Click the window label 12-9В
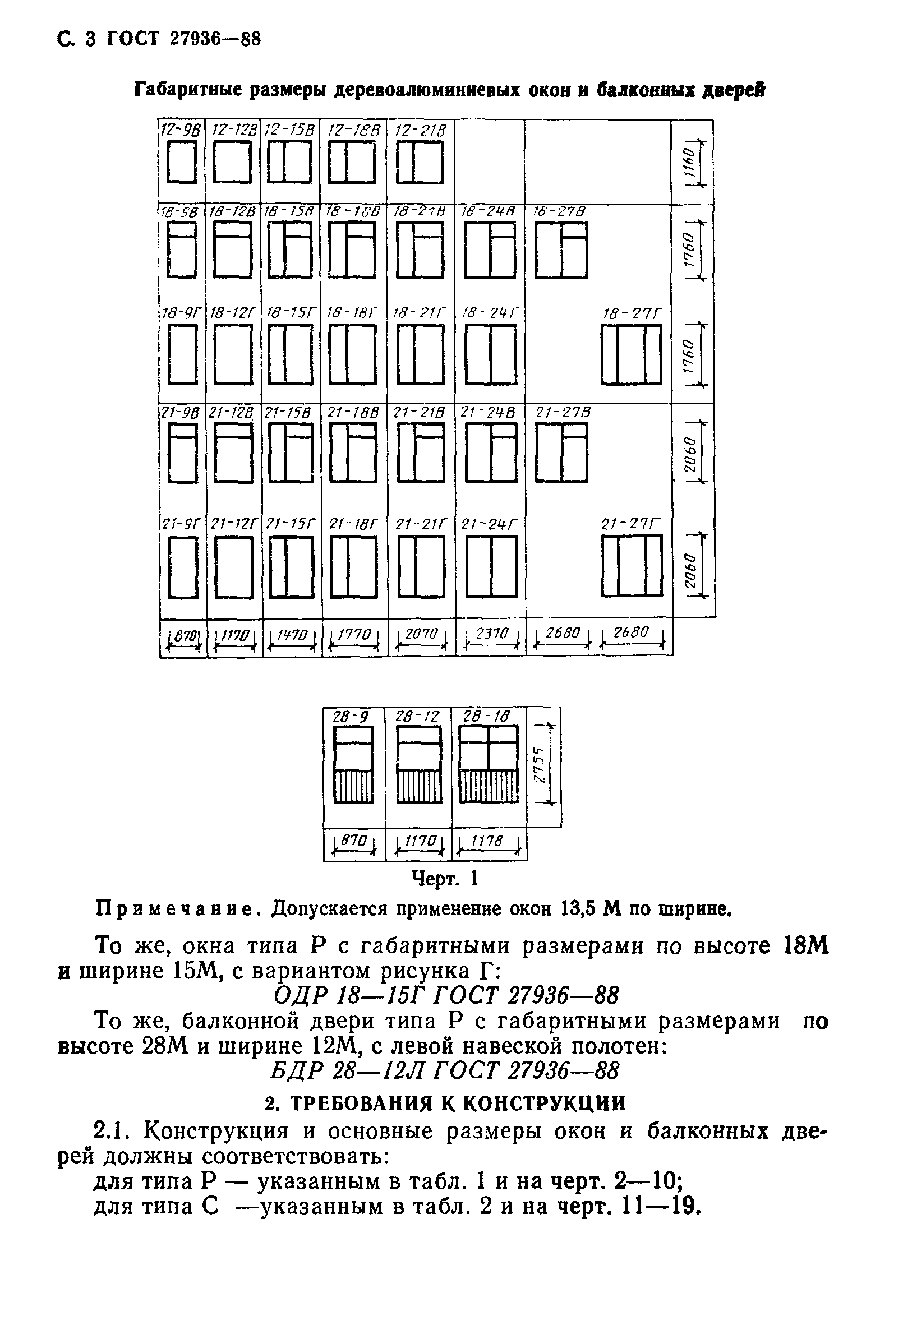pyautogui.click(x=181, y=130)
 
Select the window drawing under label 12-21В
pyautogui.click(x=421, y=163)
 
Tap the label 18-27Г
pyautogui.click(x=632, y=314)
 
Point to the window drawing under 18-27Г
pyautogui.click(x=632, y=354)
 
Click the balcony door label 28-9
pyautogui.click(x=351, y=717)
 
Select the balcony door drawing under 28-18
pyautogui.click(x=489, y=764)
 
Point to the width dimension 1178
pyautogui.click(x=489, y=842)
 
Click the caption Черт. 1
pyautogui.click(x=445, y=879)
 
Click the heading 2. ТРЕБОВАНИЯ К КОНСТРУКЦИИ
pyautogui.click(x=445, y=1102)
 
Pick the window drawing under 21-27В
pyautogui.click(x=561, y=453)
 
